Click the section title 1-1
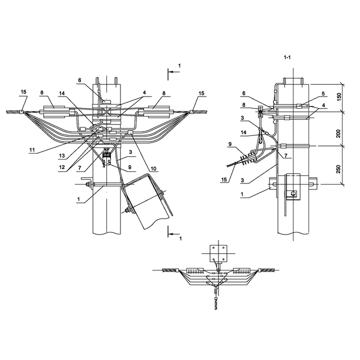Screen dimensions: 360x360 click(x=287, y=57)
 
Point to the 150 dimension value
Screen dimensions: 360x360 click(x=339, y=96)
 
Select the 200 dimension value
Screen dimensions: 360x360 click(x=338, y=133)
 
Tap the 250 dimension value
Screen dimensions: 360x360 click(x=338, y=169)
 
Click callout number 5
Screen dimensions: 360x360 click(x=323, y=93)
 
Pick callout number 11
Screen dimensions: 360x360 click(x=32, y=150)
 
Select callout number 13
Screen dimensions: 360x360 click(x=62, y=156)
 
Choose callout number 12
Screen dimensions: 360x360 click(x=62, y=167)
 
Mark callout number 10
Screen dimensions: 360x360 click(x=153, y=169)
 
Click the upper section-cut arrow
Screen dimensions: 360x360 click(x=173, y=72)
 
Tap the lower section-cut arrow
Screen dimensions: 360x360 click(x=173, y=234)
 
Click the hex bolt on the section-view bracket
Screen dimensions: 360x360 click(x=292, y=194)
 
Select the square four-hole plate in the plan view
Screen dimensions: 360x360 click(x=218, y=253)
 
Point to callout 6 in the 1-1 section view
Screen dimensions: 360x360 click(x=243, y=93)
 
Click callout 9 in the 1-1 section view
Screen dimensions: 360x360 click(x=229, y=144)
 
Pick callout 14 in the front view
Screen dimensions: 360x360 click(x=62, y=93)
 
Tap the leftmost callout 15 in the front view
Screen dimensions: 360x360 click(x=23, y=92)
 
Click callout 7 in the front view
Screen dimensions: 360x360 click(x=79, y=168)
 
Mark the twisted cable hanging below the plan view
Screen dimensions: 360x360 click(x=216, y=303)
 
